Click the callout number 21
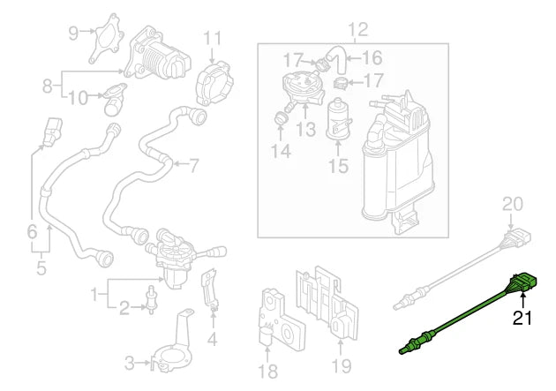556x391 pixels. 524,320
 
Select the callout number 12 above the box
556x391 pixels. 357,31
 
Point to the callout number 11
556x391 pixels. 213,39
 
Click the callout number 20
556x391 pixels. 513,205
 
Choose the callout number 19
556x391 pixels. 340,363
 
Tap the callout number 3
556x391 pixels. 129,362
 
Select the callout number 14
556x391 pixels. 281,151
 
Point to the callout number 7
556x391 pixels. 193,164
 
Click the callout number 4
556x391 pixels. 212,338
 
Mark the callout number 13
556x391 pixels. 305,131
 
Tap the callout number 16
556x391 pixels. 372,58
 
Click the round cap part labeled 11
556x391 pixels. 213,78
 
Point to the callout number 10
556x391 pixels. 78,97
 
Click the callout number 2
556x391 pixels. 124,307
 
